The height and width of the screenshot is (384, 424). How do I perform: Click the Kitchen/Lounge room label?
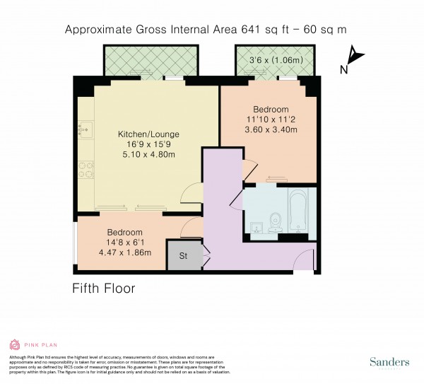coord(148,134)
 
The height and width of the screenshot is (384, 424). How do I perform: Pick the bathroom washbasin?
coord(256,226)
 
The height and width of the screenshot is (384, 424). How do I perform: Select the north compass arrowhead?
coord(355,55)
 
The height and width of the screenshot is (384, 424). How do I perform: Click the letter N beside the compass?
coord(343,69)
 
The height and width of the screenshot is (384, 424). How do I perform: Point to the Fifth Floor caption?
coord(104,289)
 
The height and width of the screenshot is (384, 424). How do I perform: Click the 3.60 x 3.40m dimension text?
coord(271,130)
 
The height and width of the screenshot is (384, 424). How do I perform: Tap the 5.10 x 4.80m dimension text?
coord(148,155)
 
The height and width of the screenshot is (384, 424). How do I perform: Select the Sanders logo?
coord(389,362)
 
